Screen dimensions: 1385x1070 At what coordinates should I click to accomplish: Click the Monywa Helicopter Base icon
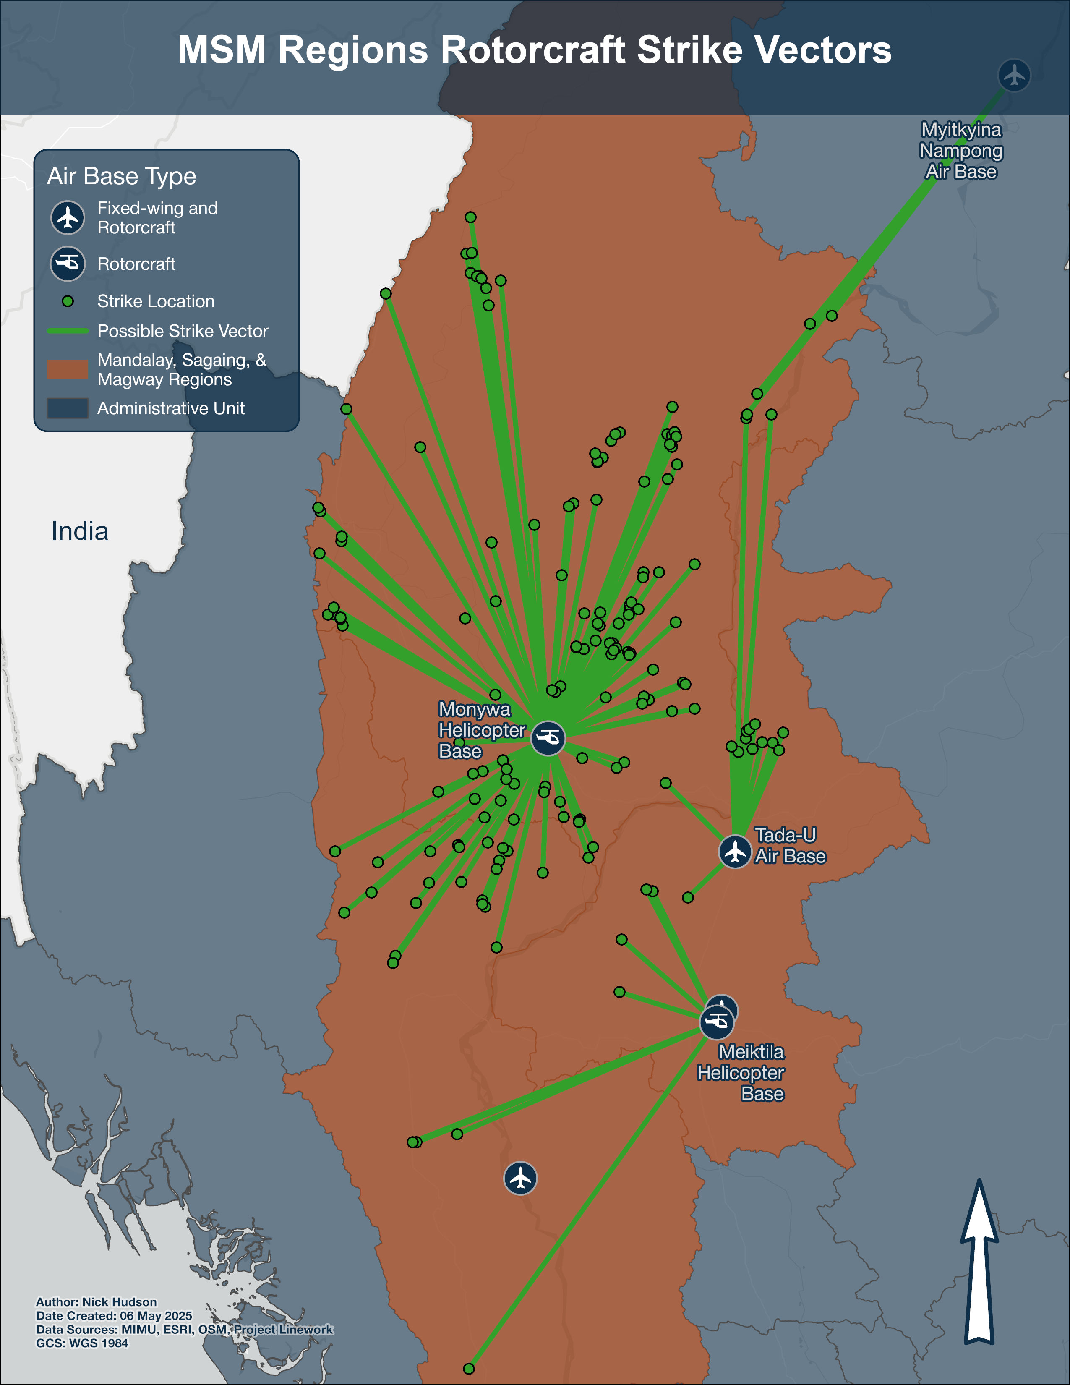pyautogui.click(x=548, y=738)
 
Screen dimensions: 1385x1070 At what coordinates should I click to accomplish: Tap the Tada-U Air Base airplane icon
pyautogui.click(x=735, y=851)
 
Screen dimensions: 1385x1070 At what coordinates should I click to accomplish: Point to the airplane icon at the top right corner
pyautogui.click(x=1014, y=76)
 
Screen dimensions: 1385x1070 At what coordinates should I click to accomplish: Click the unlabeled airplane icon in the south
pyautogui.click(x=520, y=1178)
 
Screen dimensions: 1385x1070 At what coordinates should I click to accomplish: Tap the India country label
pyautogui.click(x=80, y=531)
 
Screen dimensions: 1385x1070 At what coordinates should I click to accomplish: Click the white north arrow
pyautogui.click(x=979, y=1262)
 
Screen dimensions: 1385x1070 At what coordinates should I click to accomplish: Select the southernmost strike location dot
pyautogui.click(x=468, y=1369)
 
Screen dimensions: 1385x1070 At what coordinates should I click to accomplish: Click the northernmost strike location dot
pyautogui.click(x=470, y=217)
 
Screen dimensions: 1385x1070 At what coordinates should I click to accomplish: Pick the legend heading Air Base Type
pyautogui.click(x=122, y=176)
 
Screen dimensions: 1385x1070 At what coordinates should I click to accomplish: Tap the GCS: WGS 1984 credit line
pyautogui.click(x=82, y=1343)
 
